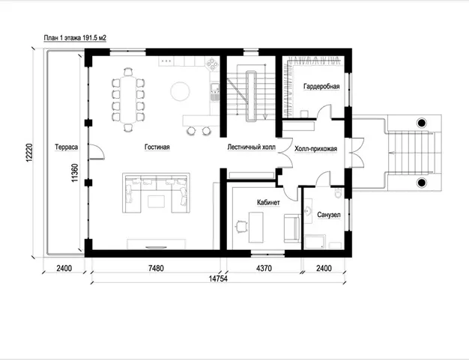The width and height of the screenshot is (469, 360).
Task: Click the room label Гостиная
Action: tap(157, 147)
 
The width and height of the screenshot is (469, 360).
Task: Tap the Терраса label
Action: tap(67, 147)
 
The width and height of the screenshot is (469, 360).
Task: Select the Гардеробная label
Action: tap(321, 86)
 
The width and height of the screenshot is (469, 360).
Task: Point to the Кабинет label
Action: tap(268, 203)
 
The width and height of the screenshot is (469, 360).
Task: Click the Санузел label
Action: tap(329, 215)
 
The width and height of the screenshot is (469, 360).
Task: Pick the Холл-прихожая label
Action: tap(316, 149)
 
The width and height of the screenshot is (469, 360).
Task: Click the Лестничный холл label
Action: tap(251, 147)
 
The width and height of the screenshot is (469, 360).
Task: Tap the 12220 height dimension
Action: tap(29, 153)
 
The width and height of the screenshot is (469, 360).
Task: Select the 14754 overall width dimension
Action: tap(218, 278)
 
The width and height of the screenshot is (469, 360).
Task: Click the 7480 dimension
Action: tap(156, 268)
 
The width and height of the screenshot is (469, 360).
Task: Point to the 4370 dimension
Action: tap(264, 268)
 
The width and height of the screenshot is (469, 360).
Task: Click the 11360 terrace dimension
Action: tap(75, 173)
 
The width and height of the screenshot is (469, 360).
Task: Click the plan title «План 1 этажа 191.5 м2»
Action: tap(75, 38)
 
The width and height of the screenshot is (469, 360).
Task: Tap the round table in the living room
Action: tap(180, 91)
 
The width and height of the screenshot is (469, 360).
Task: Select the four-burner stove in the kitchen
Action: tap(212, 64)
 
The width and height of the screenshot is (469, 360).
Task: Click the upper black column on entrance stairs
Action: tap(422, 122)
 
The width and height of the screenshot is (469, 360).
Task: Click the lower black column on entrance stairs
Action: tap(422, 182)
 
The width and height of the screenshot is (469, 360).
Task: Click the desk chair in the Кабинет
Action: tap(241, 226)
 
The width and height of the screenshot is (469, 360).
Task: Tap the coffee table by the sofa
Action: tap(156, 201)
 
